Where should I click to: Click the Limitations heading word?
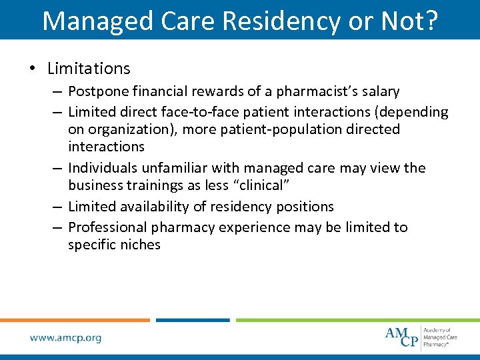(x=89, y=69)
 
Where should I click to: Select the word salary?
(x=380, y=91)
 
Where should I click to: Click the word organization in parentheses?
(x=125, y=129)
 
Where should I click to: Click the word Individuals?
(x=101, y=168)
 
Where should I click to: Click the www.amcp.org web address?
(x=65, y=337)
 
